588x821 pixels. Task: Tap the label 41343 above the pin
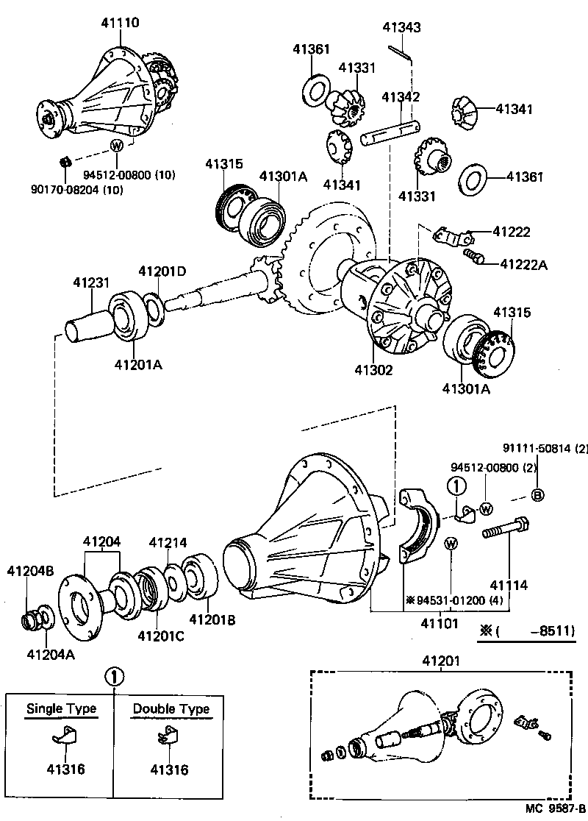click(x=401, y=28)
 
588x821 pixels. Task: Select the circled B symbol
click(x=537, y=495)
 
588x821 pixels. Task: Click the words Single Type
click(x=61, y=709)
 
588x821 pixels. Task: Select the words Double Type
click(x=171, y=709)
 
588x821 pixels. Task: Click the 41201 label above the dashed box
click(x=440, y=661)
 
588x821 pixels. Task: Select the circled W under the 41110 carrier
click(x=116, y=145)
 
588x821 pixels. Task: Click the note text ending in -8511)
click(x=531, y=630)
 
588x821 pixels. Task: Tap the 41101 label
click(x=440, y=624)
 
